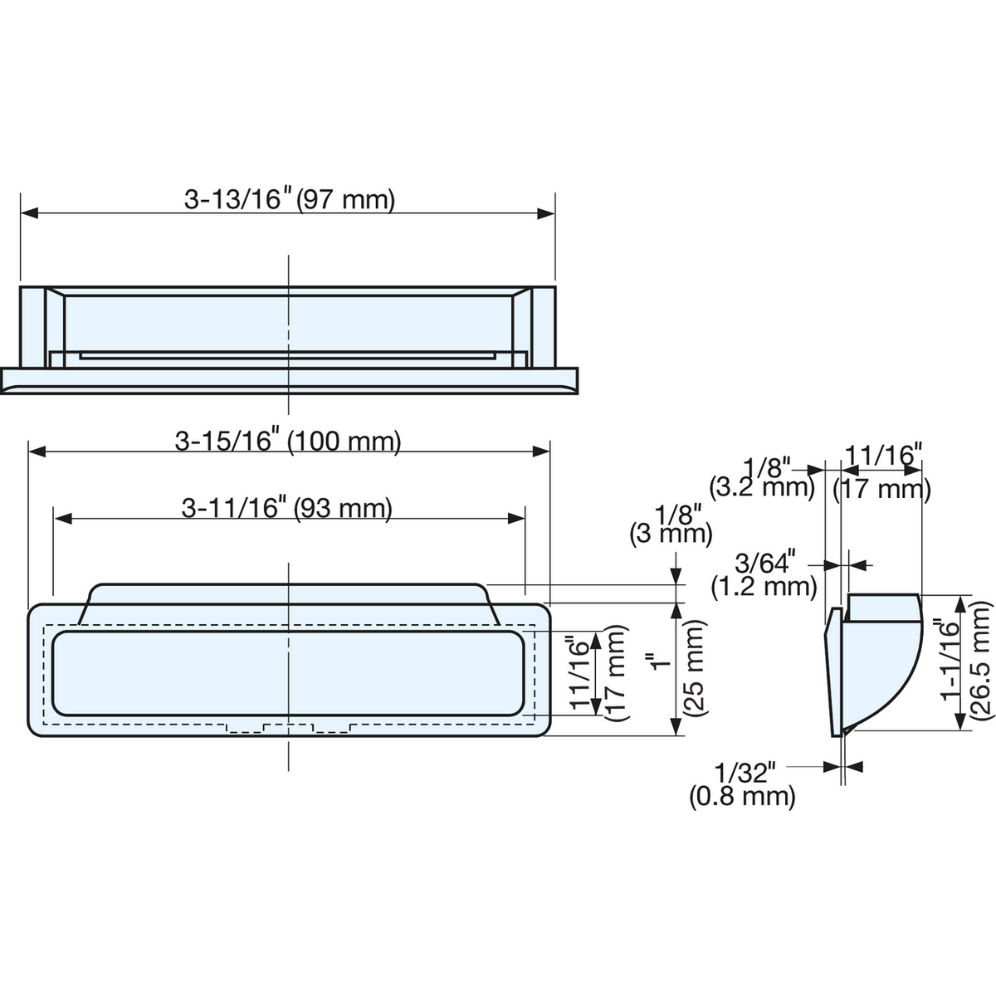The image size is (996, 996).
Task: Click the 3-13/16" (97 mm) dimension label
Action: pyautogui.click(x=290, y=199)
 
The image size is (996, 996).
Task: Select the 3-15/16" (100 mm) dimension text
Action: pyautogui.click(x=288, y=441)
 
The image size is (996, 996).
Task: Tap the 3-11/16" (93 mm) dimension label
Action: pyautogui.click(x=287, y=508)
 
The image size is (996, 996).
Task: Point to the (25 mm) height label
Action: pyautogui.click(x=694, y=668)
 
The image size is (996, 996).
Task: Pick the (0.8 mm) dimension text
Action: pyautogui.click(x=742, y=797)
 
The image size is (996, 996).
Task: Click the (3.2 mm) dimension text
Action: pyautogui.click(x=762, y=487)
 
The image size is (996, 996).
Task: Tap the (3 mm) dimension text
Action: pyautogui.click(x=671, y=534)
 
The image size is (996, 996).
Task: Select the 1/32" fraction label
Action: pyautogui.click(x=745, y=774)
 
